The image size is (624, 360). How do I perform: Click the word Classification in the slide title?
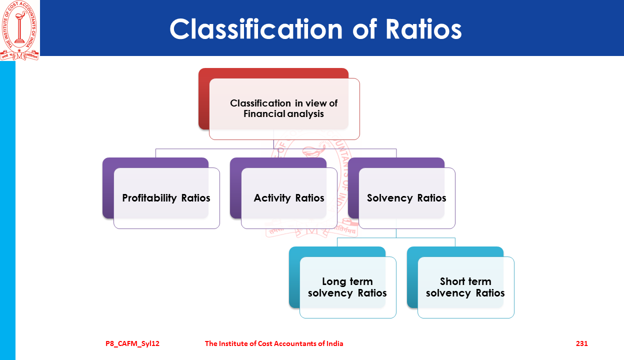[x=256, y=29]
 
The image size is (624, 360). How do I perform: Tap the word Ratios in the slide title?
[x=423, y=29]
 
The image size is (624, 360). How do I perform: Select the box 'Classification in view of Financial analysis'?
[x=284, y=109]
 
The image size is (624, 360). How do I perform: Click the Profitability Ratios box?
[x=166, y=198]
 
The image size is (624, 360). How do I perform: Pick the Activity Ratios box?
[x=289, y=198]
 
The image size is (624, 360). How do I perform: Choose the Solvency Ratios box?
[x=406, y=198]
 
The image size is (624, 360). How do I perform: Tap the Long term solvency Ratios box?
[x=347, y=287]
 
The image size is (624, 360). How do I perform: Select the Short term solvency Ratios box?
[x=465, y=287]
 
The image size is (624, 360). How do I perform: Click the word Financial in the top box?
[x=262, y=114]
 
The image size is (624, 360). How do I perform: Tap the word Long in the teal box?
[x=334, y=281]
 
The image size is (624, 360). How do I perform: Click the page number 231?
[x=581, y=343]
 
